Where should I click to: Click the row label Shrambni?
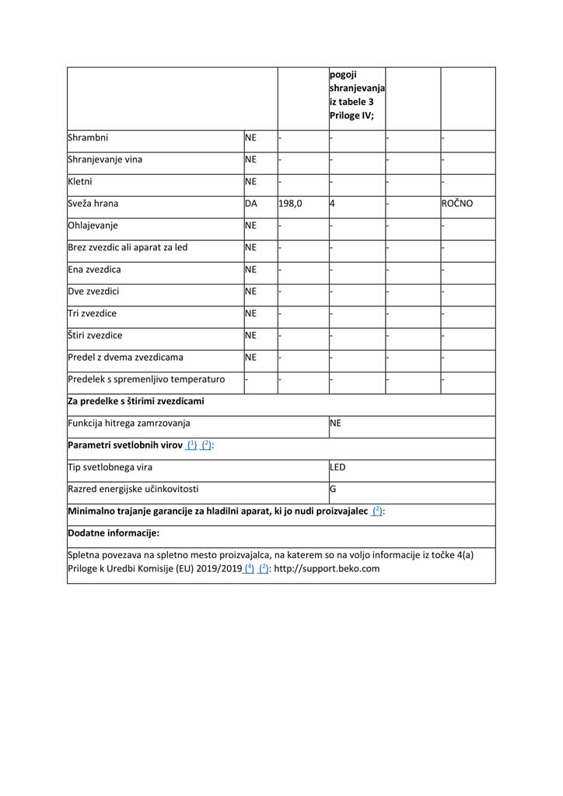click(x=89, y=138)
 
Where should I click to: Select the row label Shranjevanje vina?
click(x=105, y=160)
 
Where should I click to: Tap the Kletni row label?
click(x=80, y=182)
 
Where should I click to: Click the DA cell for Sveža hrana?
click(x=251, y=204)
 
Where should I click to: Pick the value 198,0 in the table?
click(x=290, y=204)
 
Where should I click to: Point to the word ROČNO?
click(x=457, y=204)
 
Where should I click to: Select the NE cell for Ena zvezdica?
click(x=250, y=270)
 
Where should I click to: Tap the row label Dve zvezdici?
click(x=93, y=292)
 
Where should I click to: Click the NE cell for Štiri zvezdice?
click(x=250, y=336)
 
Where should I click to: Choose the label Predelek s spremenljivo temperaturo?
click(x=146, y=379)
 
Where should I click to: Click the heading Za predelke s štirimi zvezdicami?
click(x=136, y=401)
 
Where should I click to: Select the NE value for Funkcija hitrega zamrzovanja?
click(x=336, y=424)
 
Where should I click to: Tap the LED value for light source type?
click(x=337, y=467)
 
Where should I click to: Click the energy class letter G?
click(x=333, y=490)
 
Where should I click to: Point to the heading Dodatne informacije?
click(x=114, y=533)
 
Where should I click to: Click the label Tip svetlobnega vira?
click(x=110, y=467)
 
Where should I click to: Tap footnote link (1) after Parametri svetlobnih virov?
click(x=191, y=445)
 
